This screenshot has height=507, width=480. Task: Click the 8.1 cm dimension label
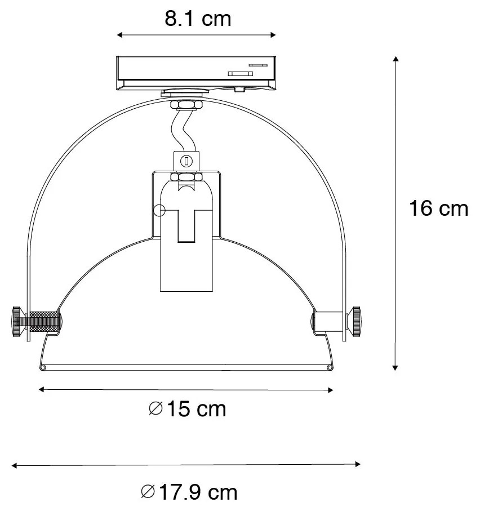tap(198, 19)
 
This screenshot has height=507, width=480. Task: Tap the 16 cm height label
tap(438, 208)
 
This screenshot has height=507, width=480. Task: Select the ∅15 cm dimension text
tap(188, 408)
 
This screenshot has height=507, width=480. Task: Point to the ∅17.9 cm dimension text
tap(188, 492)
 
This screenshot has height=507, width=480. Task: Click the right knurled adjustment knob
tap(355, 321)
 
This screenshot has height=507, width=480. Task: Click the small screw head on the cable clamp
tap(186, 162)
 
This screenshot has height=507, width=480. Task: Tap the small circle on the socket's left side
tap(159, 211)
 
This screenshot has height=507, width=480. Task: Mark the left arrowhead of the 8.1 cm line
tap(119, 35)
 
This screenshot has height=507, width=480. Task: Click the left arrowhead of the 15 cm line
tap(41, 389)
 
